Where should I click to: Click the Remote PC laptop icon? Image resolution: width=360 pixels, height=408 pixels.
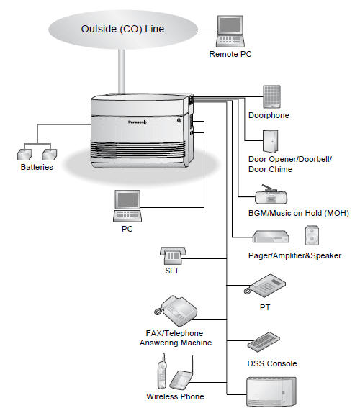point(230,31)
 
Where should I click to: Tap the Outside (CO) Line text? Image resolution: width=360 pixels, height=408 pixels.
point(122,29)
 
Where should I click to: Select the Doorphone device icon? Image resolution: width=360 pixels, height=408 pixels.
point(271,96)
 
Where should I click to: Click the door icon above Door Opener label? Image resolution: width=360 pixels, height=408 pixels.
point(271,141)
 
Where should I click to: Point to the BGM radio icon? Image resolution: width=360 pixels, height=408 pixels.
point(271,194)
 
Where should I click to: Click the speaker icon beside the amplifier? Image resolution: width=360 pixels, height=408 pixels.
point(312,235)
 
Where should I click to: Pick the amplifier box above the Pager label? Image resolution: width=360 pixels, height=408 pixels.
point(271,237)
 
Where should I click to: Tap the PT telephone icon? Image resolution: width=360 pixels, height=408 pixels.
point(264,286)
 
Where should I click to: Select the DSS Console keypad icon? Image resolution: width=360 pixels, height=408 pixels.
point(264,342)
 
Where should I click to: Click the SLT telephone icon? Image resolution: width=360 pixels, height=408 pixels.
point(173,255)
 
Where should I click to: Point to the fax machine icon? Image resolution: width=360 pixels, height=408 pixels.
point(176,310)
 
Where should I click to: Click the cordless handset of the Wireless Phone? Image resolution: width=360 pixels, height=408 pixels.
point(162,371)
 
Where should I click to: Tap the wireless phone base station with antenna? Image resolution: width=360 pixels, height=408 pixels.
point(181,376)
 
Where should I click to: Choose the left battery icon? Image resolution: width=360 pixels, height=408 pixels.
point(24,154)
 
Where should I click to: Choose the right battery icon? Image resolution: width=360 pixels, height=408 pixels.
point(50,154)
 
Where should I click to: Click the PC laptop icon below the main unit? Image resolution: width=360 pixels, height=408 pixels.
point(127,206)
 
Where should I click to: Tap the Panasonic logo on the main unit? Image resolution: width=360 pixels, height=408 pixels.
point(138,122)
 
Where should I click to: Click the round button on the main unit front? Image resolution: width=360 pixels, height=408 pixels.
point(179,120)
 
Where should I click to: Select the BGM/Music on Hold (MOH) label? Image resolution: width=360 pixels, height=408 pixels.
point(299,213)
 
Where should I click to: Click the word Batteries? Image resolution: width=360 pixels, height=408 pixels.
point(37,167)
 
